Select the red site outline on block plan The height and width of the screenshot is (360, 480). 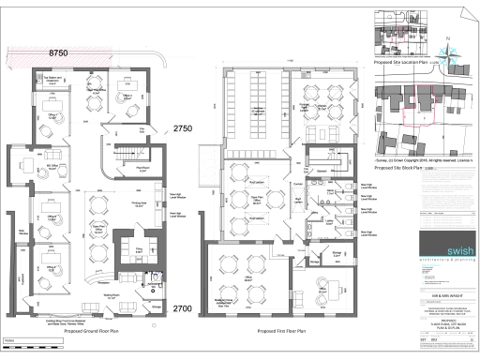[x=413, y=112]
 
